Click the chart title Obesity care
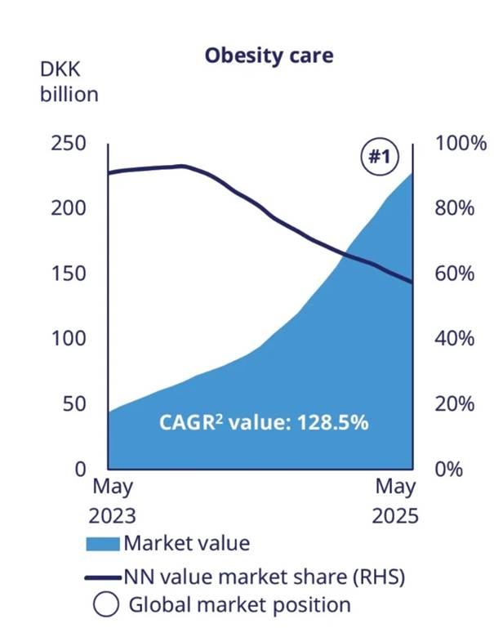(x=269, y=56)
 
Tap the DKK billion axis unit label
(x=69, y=82)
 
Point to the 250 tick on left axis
(x=69, y=143)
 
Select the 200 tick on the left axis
(x=69, y=208)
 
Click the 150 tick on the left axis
(x=69, y=274)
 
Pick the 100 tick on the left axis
(x=69, y=339)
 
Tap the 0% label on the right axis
(x=449, y=470)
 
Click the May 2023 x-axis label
(x=113, y=501)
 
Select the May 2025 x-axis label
(x=396, y=501)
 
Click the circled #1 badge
(x=376, y=157)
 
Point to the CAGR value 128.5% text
(x=263, y=424)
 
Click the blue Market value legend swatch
(x=103, y=542)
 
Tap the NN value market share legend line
(x=103, y=577)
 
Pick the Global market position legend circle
(x=104, y=605)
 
